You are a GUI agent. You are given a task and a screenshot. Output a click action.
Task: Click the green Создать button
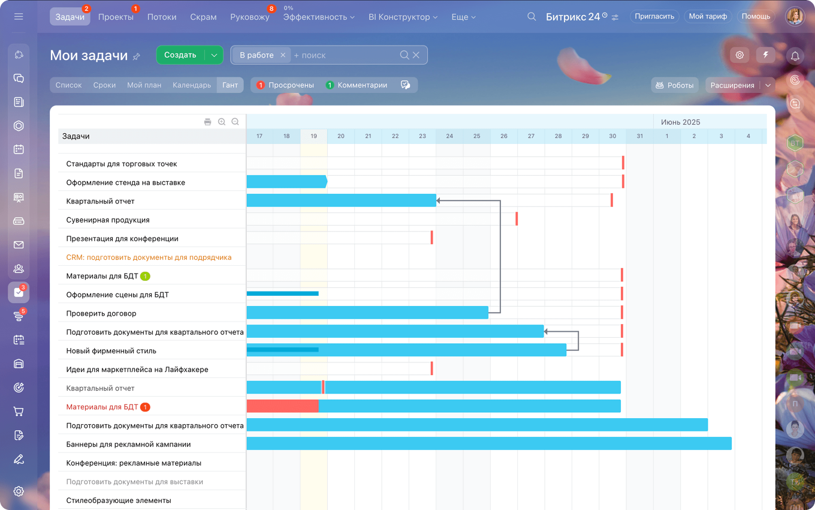click(180, 55)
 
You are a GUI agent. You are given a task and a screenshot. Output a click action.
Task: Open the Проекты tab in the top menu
click(116, 17)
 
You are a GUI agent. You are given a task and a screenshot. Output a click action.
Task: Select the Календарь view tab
click(192, 85)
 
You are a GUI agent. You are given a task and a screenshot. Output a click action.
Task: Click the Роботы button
click(675, 85)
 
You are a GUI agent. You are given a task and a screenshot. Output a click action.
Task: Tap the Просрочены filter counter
click(285, 85)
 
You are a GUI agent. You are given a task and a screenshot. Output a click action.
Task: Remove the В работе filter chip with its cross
click(283, 55)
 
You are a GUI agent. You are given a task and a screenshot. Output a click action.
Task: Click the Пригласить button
click(655, 16)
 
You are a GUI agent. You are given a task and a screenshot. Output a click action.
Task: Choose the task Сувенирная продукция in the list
click(108, 220)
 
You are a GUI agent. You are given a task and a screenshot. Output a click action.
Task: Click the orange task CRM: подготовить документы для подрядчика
click(149, 257)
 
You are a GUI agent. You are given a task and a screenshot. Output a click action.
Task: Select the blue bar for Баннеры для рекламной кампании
click(488, 443)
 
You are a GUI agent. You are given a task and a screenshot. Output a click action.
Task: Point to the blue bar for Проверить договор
click(367, 313)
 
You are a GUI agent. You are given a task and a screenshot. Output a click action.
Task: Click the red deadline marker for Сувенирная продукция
click(517, 219)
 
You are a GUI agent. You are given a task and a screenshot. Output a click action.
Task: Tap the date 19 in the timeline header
click(313, 136)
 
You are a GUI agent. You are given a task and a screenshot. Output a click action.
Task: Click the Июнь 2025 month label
click(680, 122)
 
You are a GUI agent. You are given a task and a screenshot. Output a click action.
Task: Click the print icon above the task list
click(208, 122)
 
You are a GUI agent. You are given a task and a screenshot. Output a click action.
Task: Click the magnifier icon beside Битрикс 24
click(532, 17)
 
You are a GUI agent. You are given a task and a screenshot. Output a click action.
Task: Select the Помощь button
click(756, 16)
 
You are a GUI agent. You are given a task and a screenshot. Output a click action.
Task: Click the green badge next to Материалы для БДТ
click(145, 276)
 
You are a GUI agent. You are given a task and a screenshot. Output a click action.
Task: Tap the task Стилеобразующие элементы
click(119, 500)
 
